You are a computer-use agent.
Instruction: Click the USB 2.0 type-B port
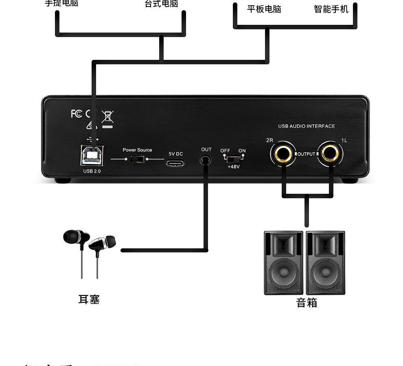click(x=92, y=155)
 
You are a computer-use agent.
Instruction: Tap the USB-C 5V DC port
click(x=175, y=164)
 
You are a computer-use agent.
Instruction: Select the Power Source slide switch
click(x=137, y=159)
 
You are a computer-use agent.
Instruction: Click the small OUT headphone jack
click(x=206, y=160)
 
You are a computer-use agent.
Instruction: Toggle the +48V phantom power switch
click(x=233, y=159)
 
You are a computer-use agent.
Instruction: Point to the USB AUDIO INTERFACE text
click(x=307, y=126)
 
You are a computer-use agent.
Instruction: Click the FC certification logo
click(x=76, y=114)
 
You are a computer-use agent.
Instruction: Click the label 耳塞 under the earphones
click(x=89, y=300)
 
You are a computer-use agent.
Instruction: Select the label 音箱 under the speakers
click(x=307, y=303)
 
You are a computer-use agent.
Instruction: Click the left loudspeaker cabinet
click(x=283, y=263)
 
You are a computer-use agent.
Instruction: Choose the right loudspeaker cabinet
click(x=325, y=263)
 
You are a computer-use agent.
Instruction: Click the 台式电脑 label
click(x=161, y=4)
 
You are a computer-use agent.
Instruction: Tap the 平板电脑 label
click(x=264, y=9)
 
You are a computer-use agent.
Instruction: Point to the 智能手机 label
click(x=331, y=9)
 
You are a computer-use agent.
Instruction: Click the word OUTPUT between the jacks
click(x=306, y=154)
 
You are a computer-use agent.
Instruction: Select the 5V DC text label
click(x=176, y=154)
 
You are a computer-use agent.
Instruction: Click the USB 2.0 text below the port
click(x=92, y=171)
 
